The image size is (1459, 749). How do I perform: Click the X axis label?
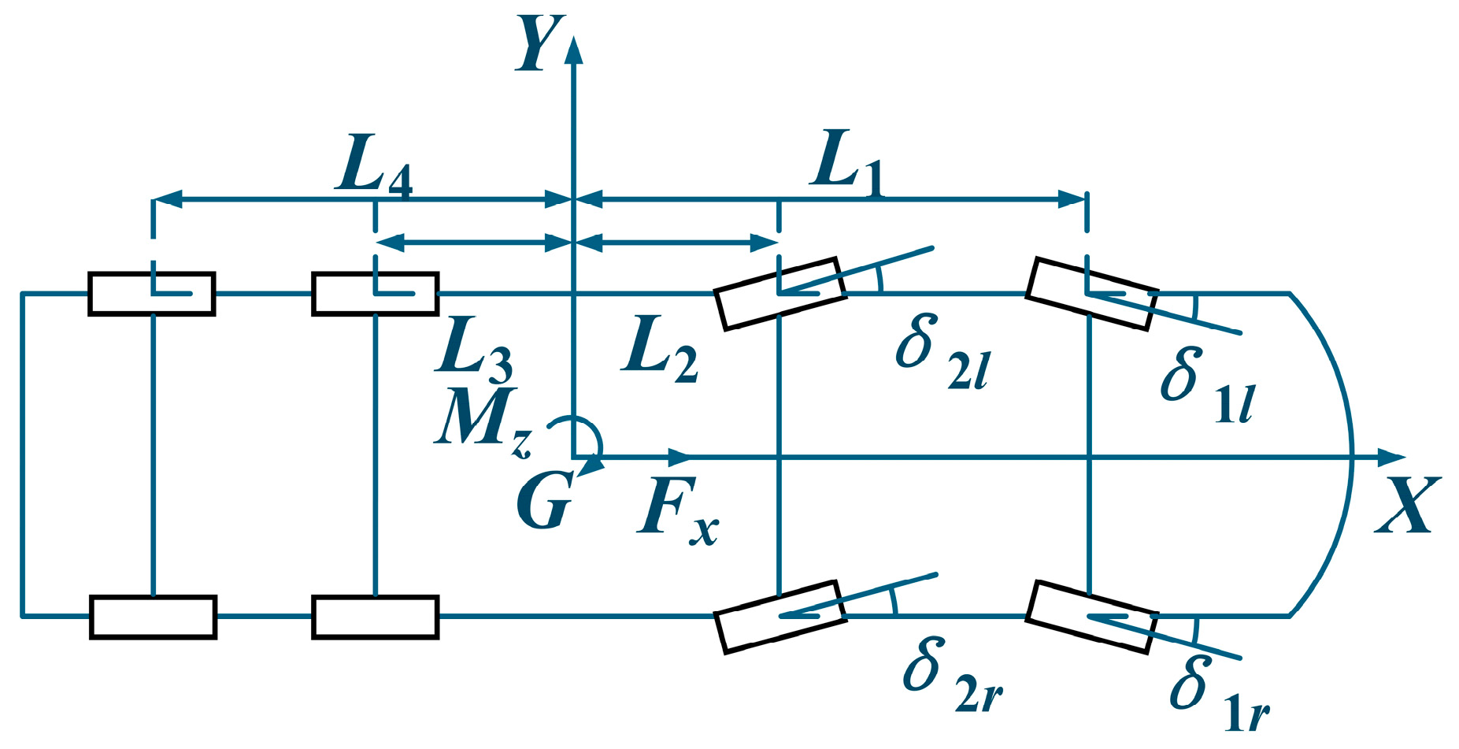(1408, 506)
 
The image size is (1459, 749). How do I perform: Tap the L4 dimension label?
(374, 169)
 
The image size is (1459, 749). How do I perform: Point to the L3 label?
(473, 350)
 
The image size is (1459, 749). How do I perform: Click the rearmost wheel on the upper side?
(152, 294)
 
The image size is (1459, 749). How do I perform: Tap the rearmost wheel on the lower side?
(153, 617)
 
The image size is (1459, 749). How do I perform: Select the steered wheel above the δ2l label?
(779, 292)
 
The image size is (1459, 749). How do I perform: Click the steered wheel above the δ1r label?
(1091, 617)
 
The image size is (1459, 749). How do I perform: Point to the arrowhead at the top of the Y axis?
(574, 49)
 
